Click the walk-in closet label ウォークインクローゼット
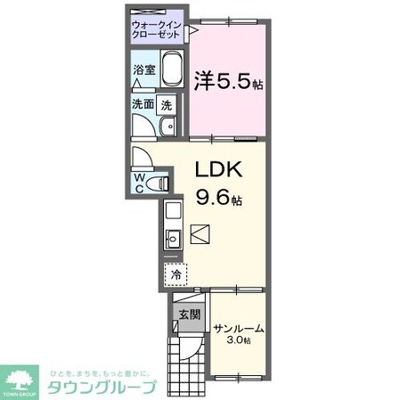click(157, 28)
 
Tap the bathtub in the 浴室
click(168, 75)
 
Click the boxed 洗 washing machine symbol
click(167, 104)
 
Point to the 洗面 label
click(143, 104)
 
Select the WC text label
click(140, 182)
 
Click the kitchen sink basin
click(172, 238)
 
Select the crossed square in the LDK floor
click(201, 235)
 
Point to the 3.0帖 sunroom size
click(237, 340)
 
